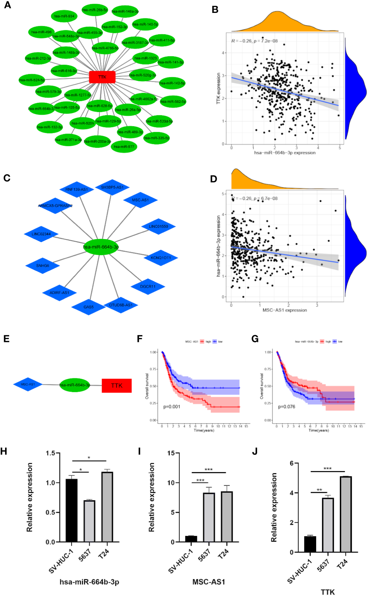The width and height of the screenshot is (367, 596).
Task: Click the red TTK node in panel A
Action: tap(102, 77)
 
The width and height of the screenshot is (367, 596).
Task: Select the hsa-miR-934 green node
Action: tap(64, 16)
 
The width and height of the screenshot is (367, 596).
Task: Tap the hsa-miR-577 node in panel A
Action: tap(124, 146)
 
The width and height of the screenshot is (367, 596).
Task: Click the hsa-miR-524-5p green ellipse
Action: tap(32, 80)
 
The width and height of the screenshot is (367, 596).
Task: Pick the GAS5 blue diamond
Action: tap(89, 307)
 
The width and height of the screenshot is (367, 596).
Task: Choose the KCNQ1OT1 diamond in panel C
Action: tap(161, 258)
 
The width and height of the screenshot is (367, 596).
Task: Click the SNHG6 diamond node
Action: tap(43, 266)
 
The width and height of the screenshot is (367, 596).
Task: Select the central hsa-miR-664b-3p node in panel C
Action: tap(101, 247)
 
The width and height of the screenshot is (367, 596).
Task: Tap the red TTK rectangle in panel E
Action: tap(117, 385)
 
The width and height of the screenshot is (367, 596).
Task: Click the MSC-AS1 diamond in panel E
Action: tap(28, 384)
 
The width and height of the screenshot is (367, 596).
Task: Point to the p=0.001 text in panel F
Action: tap(172, 407)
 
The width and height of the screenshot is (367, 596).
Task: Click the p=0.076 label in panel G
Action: tap(287, 407)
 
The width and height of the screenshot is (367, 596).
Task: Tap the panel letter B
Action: tap(215, 10)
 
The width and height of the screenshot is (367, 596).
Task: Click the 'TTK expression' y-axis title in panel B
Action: tap(219, 88)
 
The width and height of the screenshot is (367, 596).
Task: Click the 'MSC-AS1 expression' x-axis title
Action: tap(285, 310)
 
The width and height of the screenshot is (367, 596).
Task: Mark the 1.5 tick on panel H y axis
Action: tap(51, 453)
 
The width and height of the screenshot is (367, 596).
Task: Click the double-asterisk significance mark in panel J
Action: tap(319, 490)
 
